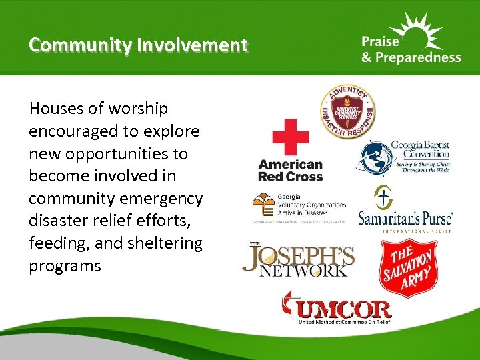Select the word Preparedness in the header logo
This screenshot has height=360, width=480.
point(419,57)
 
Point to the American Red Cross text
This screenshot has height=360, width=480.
point(290,171)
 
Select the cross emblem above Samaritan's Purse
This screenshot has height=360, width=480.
point(383,197)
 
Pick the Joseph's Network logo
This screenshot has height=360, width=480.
point(297,260)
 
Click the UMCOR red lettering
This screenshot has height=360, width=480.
point(345,309)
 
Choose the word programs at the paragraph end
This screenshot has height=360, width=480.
point(65,267)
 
